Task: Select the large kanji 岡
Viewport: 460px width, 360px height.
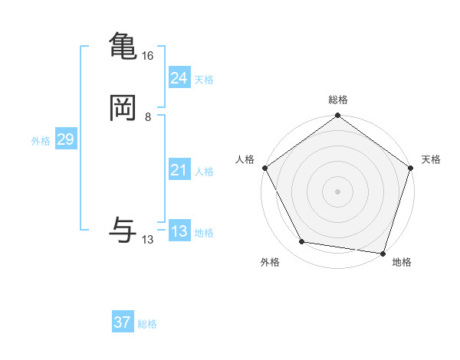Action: [x=123, y=109]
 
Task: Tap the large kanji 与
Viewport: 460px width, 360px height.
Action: [x=123, y=230]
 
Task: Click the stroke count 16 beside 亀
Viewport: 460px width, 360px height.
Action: [x=148, y=56]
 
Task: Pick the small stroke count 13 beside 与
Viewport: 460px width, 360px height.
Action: [x=148, y=240]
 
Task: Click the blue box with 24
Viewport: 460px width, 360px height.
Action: [x=179, y=78]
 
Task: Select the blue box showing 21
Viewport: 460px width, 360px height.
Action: [x=179, y=170]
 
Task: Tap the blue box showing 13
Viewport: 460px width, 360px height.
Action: [x=179, y=231]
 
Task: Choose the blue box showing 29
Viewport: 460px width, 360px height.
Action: [x=65, y=139]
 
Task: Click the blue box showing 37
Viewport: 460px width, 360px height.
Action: [x=122, y=322]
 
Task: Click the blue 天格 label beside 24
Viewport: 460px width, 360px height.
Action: [x=204, y=80]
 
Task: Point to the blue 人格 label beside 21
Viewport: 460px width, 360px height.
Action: [x=204, y=172]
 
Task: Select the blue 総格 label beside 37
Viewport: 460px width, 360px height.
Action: [x=147, y=324]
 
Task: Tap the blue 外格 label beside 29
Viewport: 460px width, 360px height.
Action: [x=41, y=141]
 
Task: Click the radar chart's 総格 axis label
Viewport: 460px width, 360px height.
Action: [x=338, y=100]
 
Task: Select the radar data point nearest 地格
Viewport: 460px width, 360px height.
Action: [x=383, y=253]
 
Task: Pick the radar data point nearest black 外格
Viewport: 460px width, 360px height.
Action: [x=302, y=242]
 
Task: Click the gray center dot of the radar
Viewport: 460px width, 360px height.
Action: [x=338, y=191]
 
